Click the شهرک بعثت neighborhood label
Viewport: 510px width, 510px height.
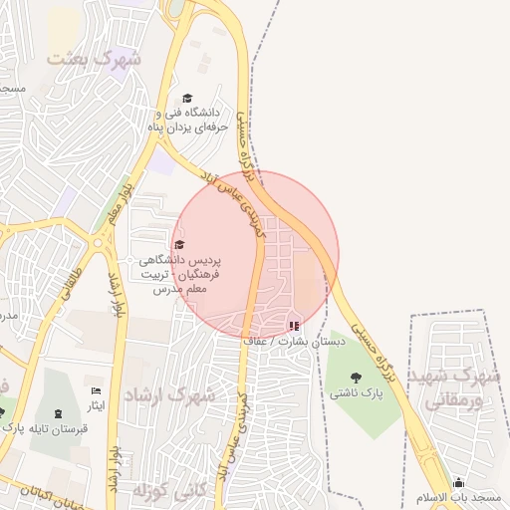pos(96,59)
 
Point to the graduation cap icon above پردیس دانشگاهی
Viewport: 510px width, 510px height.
pos(179,245)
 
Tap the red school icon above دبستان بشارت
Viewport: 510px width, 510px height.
pos(293,325)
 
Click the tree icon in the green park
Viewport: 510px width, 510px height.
pos(357,377)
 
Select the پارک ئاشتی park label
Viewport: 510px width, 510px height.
pos(357,393)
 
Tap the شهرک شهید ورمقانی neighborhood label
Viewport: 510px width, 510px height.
pos(459,388)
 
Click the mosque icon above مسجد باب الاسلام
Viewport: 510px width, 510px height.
pos(458,482)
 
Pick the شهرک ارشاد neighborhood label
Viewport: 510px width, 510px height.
pos(169,394)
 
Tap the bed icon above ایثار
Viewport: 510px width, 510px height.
pos(96,391)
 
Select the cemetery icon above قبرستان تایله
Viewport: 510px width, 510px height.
pos(57,413)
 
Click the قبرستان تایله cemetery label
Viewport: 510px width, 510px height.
pos(57,429)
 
